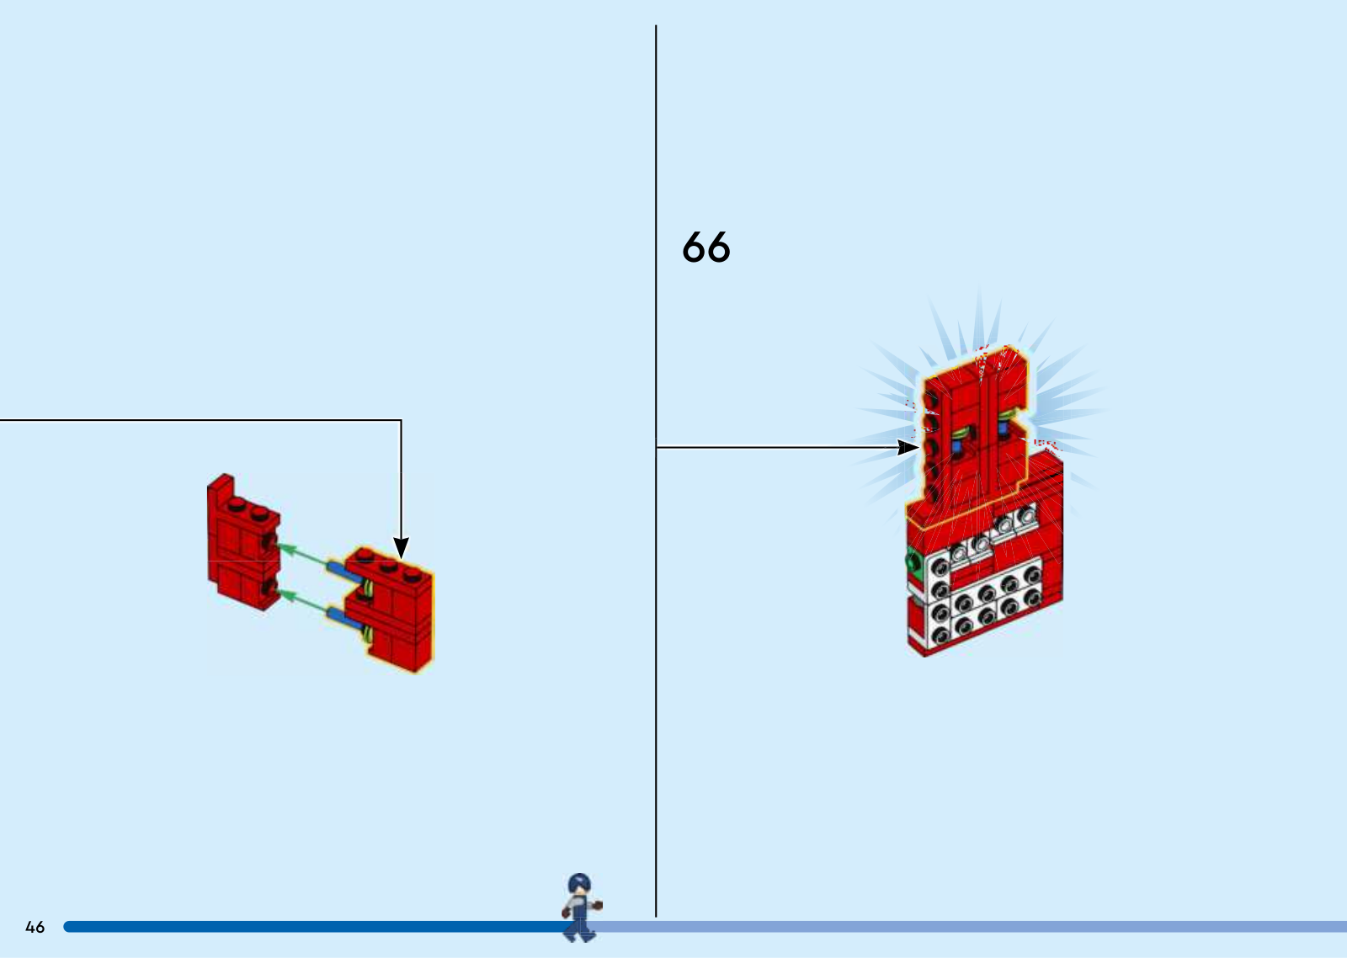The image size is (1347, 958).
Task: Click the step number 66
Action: click(706, 247)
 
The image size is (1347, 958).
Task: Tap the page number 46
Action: click(35, 927)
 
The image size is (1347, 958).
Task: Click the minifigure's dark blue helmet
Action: click(579, 883)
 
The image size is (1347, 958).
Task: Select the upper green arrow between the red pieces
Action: click(304, 556)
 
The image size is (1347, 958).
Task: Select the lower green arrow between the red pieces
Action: click(305, 603)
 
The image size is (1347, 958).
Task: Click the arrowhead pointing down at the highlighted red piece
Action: click(401, 547)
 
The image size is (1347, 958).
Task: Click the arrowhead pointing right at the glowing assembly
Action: click(908, 447)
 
